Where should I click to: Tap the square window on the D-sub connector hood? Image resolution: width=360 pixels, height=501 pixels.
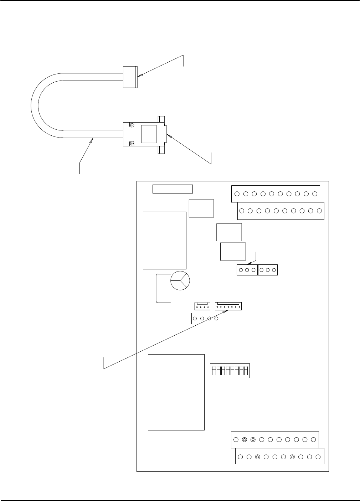pyautogui.click(x=149, y=134)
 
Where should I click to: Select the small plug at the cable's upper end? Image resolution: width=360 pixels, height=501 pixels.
pyautogui.click(x=130, y=77)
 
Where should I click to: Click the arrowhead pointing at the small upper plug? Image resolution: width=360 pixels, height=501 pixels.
pyautogui.click(x=141, y=75)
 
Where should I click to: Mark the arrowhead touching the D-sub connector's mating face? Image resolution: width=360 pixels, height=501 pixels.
pyautogui.click(x=170, y=136)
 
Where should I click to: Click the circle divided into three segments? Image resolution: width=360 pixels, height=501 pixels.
pyautogui.click(x=180, y=280)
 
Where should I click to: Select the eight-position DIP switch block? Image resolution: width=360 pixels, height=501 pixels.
pyautogui.click(x=230, y=371)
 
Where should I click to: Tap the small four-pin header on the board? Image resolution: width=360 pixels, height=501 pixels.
pyautogui.click(x=202, y=306)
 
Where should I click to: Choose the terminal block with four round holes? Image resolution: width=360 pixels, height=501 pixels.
pyautogui.click(x=207, y=319)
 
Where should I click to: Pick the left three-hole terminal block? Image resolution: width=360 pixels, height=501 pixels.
pyautogui.click(x=247, y=270)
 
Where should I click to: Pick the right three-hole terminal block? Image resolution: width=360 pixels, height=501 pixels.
pyautogui.click(x=268, y=270)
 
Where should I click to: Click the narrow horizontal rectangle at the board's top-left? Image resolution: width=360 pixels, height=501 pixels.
pyautogui.click(x=173, y=189)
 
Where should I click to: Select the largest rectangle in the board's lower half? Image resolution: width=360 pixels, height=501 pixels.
pyautogui.click(x=176, y=392)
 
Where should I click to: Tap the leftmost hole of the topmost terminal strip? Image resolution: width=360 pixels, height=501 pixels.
pyautogui.click(x=237, y=194)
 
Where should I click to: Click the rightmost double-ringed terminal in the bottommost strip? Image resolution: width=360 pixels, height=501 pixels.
pyautogui.click(x=292, y=457)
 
